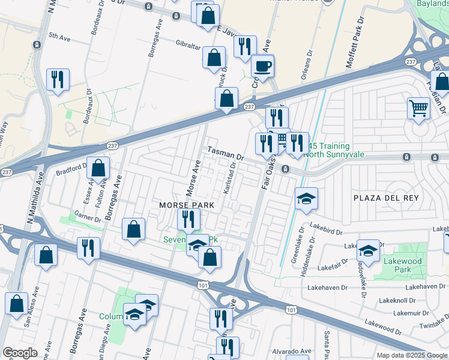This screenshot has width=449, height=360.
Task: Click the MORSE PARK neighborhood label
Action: point(187,205)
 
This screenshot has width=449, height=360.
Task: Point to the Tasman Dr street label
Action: point(225,153)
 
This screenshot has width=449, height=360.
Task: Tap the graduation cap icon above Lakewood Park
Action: point(367,250)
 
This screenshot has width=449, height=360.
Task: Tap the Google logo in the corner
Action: point(20,353)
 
